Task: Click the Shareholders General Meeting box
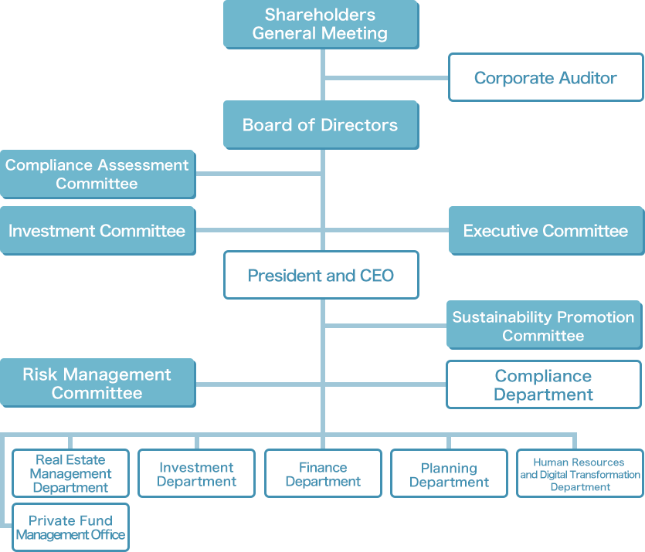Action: point(321,24)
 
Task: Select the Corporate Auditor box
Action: point(545,77)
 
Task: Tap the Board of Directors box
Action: point(321,125)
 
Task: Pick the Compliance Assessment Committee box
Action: point(97,174)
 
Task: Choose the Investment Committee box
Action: point(97,231)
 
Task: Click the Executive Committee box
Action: point(545,231)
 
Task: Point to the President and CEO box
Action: point(321,276)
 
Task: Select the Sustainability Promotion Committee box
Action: point(543,326)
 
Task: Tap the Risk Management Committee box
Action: point(97,384)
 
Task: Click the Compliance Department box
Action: point(543,385)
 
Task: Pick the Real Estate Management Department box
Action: point(70,473)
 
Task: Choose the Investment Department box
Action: point(196,474)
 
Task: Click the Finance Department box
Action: point(323,474)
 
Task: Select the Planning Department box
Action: point(449,474)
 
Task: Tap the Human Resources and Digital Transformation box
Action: point(579,474)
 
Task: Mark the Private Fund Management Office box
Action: point(70,527)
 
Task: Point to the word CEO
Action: point(377,276)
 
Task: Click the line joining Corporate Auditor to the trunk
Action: point(386,77)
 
